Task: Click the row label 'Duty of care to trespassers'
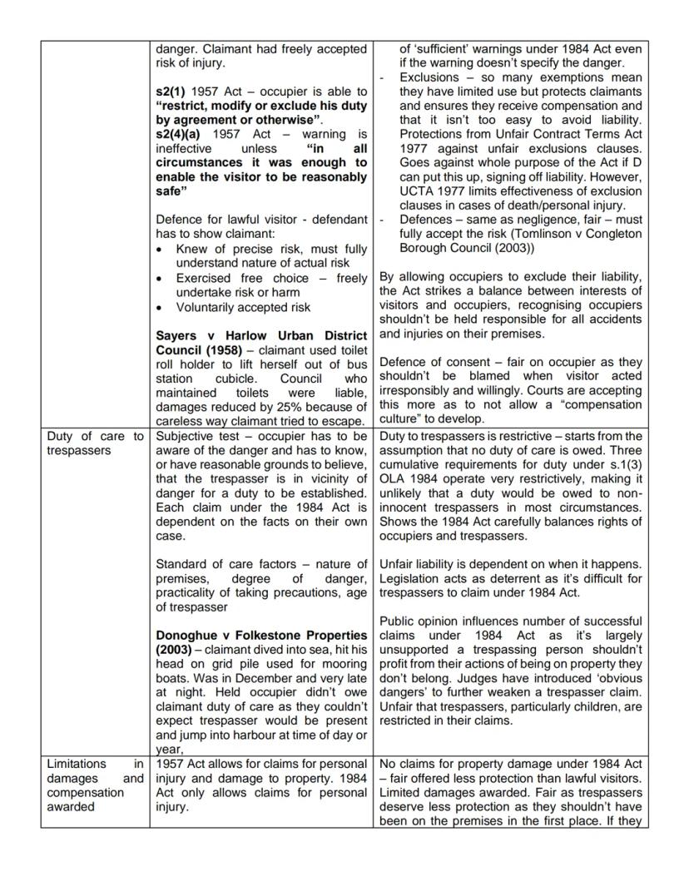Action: pos(95,443)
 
